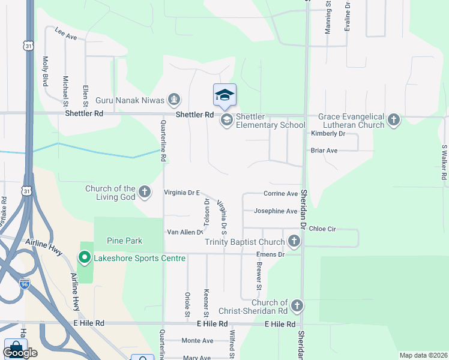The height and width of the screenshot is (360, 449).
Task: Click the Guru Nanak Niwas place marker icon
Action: (174, 99)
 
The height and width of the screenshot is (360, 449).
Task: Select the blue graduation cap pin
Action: (224, 95)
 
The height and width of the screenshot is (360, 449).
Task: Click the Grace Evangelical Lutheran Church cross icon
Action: (394, 120)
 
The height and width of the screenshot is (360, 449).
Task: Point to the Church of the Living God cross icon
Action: (145, 193)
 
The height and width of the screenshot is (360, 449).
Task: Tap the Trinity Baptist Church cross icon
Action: (294, 242)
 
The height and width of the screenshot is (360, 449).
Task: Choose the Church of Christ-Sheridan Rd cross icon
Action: (297, 307)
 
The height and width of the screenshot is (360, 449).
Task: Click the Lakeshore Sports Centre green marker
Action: (85, 259)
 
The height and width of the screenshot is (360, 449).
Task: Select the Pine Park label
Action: (124, 241)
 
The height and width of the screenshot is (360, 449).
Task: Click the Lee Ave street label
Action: (66, 33)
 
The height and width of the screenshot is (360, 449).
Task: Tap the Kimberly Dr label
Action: (328, 133)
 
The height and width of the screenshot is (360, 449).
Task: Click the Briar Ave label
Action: (324, 151)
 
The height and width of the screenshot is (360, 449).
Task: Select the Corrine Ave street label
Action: (280, 194)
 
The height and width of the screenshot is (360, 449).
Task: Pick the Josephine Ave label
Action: (276, 211)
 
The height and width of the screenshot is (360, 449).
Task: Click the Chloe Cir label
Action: (322, 229)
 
